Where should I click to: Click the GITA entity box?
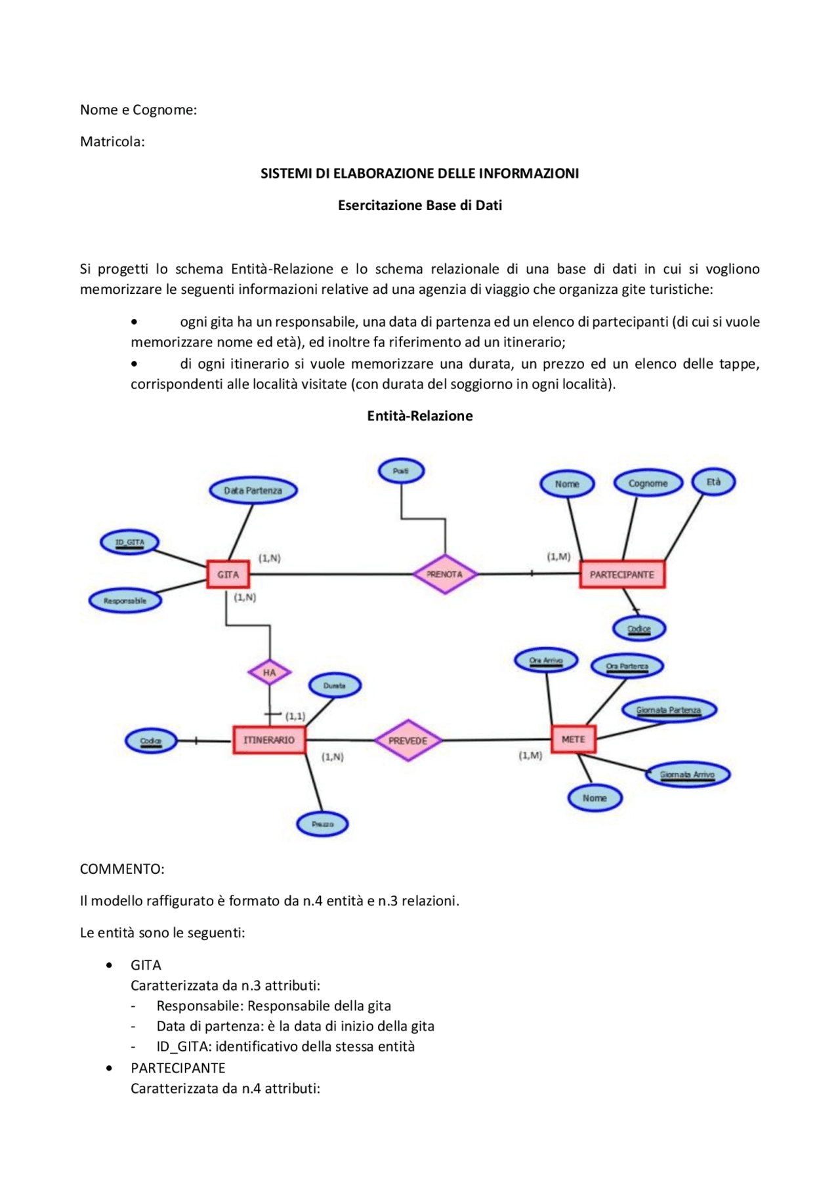(228, 574)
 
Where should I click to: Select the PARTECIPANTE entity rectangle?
(621, 575)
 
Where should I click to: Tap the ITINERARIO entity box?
(269, 740)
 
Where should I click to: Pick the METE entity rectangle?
(573, 739)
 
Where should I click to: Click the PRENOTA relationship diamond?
(445, 574)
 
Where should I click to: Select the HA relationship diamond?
(269, 672)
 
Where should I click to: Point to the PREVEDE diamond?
(408, 741)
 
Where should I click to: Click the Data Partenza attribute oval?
(253, 491)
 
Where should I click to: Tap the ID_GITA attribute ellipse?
(129, 543)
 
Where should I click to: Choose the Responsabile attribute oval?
(125, 601)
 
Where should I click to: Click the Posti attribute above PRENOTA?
(401, 471)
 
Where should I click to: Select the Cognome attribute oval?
(648, 483)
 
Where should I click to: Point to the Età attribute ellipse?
(713, 482)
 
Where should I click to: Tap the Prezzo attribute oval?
(322, 824)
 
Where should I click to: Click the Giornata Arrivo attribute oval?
(687, 775)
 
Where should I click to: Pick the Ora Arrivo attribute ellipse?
(546, 661)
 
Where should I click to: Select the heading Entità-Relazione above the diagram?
(420, 416)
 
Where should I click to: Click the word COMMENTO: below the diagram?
(122, 869)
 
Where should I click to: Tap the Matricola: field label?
(112, 142)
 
